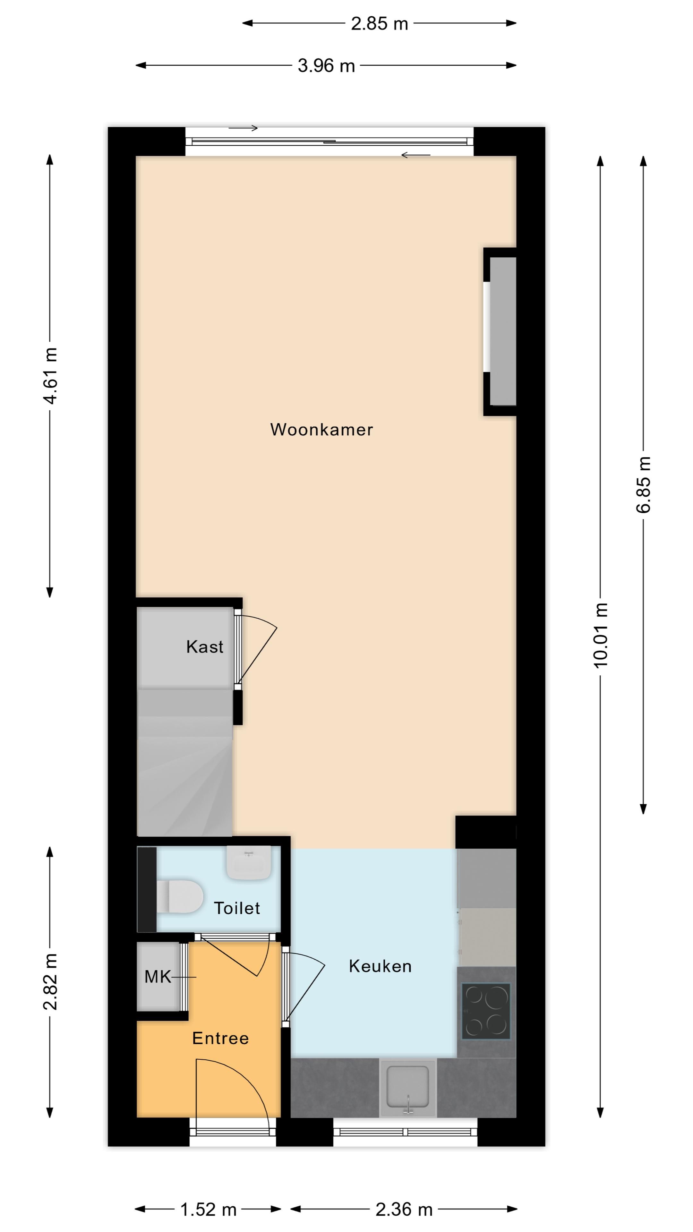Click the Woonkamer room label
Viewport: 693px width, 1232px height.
tap(321, 430)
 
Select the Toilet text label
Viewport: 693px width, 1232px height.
tap(237, 908)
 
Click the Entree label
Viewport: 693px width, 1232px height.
tap(220, 1038)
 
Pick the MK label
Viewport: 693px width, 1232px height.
tap(158, 977)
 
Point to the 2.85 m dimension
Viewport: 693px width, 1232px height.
tap(379, 23)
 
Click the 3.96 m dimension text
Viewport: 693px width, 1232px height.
tap(326, 65)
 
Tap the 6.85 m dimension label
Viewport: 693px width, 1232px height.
tap(644, 484)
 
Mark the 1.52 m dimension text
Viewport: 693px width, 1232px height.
tap(209, 1210)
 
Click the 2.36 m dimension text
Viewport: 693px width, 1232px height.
tap(404, 1210)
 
